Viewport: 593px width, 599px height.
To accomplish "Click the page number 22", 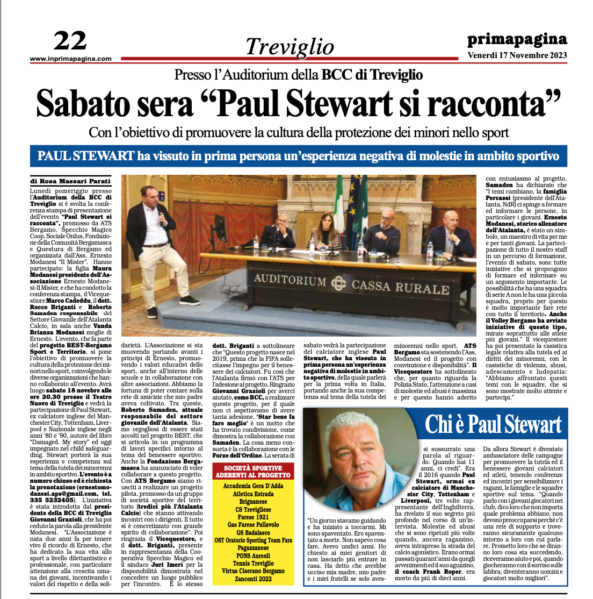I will pyautogui.click(x=70, y=41).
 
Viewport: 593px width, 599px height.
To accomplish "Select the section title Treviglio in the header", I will pyautogui.click(x=290, y=47).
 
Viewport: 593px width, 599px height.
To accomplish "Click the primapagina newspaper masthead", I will pyautogui.click(x=517, y=39).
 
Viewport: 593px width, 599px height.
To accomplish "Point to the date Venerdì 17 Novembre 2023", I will pyautogui.click(x=517, y=55).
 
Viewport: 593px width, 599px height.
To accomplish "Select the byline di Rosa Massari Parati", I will pyautogui.click(x=71, y=181).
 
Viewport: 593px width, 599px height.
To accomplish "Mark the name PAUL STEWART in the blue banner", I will pyautogui.click(x=85, y=156).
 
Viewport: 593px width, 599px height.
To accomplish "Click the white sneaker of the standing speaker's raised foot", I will pyautogui.click(x=190, y=300).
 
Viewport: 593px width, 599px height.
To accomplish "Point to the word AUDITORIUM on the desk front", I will pyautogui.click(x=290, y=280).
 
